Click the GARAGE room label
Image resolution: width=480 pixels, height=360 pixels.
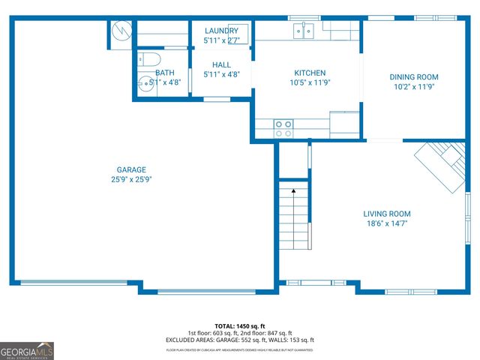coord(131,169)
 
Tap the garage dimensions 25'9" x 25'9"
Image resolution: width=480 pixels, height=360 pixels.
coord(131,179)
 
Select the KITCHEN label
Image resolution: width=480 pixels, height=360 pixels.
coord(309,73)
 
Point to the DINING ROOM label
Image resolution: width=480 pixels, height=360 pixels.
coord(413,77)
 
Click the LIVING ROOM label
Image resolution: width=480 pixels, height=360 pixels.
coord(387,214)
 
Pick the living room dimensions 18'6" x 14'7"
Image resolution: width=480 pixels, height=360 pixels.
coord(387,223)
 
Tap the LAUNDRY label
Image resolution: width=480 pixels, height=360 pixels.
coord(221,31)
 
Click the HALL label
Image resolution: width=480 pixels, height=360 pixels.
coord(221,64)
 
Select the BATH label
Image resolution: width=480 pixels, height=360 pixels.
coord(165,73)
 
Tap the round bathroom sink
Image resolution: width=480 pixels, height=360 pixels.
coord(145,82)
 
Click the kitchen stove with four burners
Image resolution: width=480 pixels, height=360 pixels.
coord(283,128)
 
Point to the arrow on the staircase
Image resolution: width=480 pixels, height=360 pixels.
coord(294,192)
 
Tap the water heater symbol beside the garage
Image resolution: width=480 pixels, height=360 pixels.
coord(120,32)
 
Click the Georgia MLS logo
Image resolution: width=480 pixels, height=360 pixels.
coord(27,349)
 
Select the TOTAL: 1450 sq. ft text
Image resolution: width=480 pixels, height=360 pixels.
coord(239,326)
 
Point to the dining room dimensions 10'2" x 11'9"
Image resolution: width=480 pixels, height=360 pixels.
coord(413,87)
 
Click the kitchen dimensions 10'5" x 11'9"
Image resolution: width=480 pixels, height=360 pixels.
coord(309,82)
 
